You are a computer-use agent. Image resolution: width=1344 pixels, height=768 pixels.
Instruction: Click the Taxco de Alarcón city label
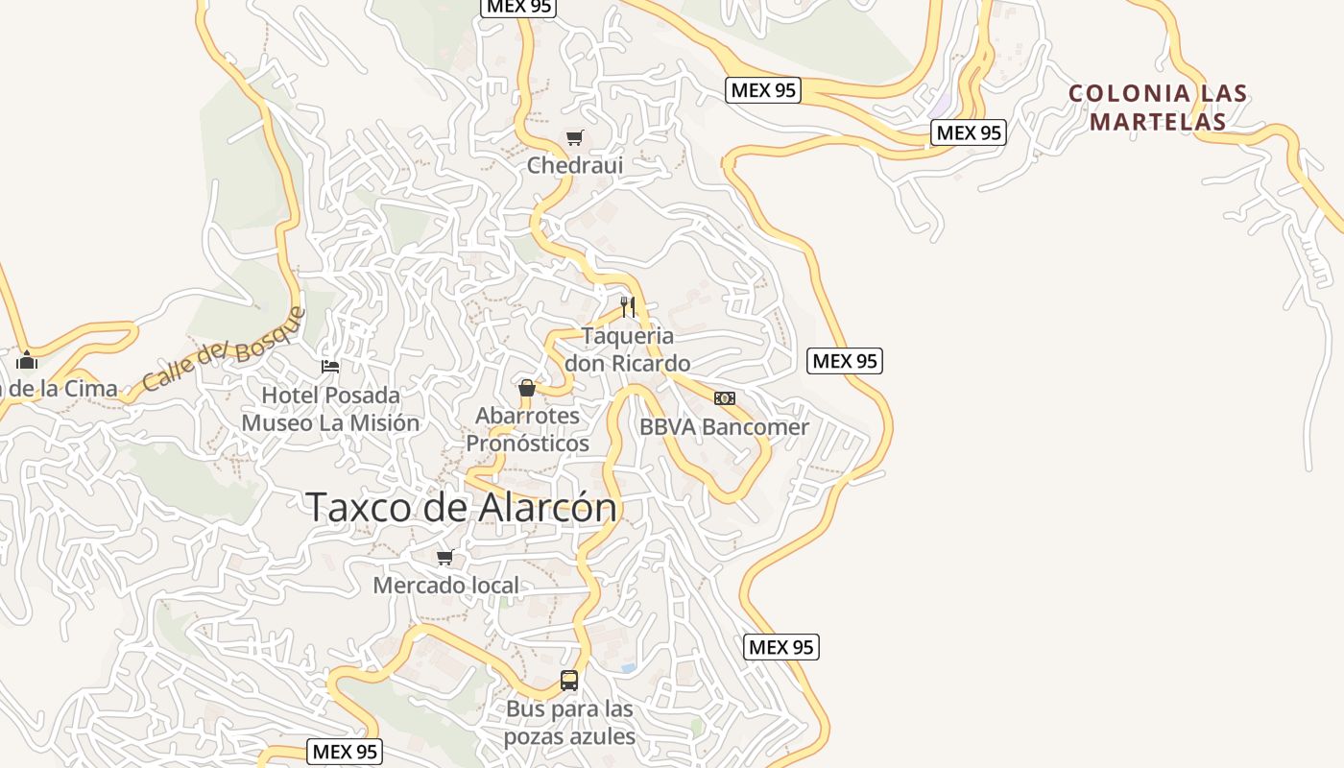pyautogui.click(x=461, y=507)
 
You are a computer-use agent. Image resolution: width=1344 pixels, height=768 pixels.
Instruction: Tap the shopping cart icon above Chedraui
pyautogui.click(x=574, y=138)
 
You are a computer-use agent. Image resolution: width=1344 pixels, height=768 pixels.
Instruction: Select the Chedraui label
pyautogui.click(x=574, y=165)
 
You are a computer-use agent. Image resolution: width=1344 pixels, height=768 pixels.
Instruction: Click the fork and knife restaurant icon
pyautogui.click(x=628, y=307)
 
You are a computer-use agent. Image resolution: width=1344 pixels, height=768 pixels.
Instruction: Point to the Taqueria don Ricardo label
pyautogui.click(x=627, y=349)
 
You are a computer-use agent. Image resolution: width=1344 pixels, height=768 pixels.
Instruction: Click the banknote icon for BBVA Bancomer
pyautogui.click(x=725, y=397)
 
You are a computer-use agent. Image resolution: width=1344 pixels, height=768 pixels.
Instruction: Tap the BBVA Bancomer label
pyautogui.click(x=724, y=427)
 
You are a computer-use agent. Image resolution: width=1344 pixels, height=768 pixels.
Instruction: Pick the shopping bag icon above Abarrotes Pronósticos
pyautogui.click(x=526, y=388)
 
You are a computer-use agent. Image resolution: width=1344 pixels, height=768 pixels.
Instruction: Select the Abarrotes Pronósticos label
pyautogui.click(x=527, y=429)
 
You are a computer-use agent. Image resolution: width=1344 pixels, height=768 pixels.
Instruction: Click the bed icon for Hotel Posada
pyautogui.click(x=330, y=367)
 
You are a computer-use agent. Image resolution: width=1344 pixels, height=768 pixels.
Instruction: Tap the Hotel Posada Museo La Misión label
pyautogui.click(x=330, y=409)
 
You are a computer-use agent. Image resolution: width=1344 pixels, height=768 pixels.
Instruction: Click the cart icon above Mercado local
pyautogui.click(x=444, y=557)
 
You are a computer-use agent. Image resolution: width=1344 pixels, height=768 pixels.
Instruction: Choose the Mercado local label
pyautogui.click(x=445, y=586)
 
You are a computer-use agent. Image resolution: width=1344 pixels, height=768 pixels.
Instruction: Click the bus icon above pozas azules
pyautogui.click(x=569, y=681)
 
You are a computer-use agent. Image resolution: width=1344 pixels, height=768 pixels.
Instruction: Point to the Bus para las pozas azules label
pyautogui.click(x=569, y=723)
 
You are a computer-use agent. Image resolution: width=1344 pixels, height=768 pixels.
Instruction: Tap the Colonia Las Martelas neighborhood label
pyautogui.click(x=1158, y=108)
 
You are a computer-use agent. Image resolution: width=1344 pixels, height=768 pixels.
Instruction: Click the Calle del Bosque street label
pyautogui.click(x=223, y=349)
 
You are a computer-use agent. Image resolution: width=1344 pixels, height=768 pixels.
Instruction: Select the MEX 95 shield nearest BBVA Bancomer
pyautogui.click(x=845, y=361)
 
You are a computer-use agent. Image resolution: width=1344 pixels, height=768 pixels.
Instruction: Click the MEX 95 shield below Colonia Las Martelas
pyautogui.click(x=969, y=132)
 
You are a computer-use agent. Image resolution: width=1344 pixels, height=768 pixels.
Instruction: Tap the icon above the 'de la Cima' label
pyautogui.click(x=27, y=361)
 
